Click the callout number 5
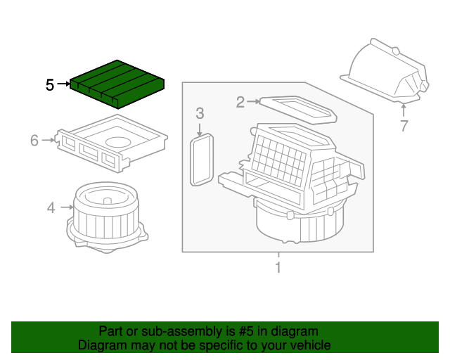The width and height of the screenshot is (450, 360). (50, 85)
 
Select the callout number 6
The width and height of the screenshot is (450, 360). (34, 141)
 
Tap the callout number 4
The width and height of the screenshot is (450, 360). (51, 207)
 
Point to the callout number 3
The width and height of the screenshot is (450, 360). (200, 113)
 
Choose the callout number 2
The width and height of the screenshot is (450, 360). (240, 103)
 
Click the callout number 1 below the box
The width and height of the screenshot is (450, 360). (278, 267)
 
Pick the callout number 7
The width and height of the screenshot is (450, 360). (404, 127)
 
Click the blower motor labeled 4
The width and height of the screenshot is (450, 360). (105, 214)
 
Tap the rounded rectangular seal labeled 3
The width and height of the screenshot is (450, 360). (202, 160)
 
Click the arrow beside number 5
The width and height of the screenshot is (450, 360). (63, 85)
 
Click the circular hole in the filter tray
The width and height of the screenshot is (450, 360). (124, 142)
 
